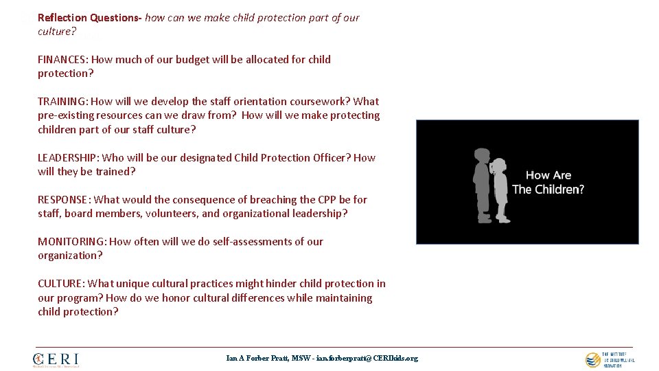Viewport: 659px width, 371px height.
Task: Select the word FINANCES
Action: coord(62,60)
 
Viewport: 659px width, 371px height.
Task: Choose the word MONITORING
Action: coord(71,242)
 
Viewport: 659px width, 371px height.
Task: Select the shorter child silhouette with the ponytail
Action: coord(500,191)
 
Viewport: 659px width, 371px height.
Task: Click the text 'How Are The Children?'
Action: coord(548,182)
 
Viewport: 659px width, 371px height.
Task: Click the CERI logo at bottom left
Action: coord(56,359)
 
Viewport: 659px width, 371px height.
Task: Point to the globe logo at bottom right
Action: coord(592,359)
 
